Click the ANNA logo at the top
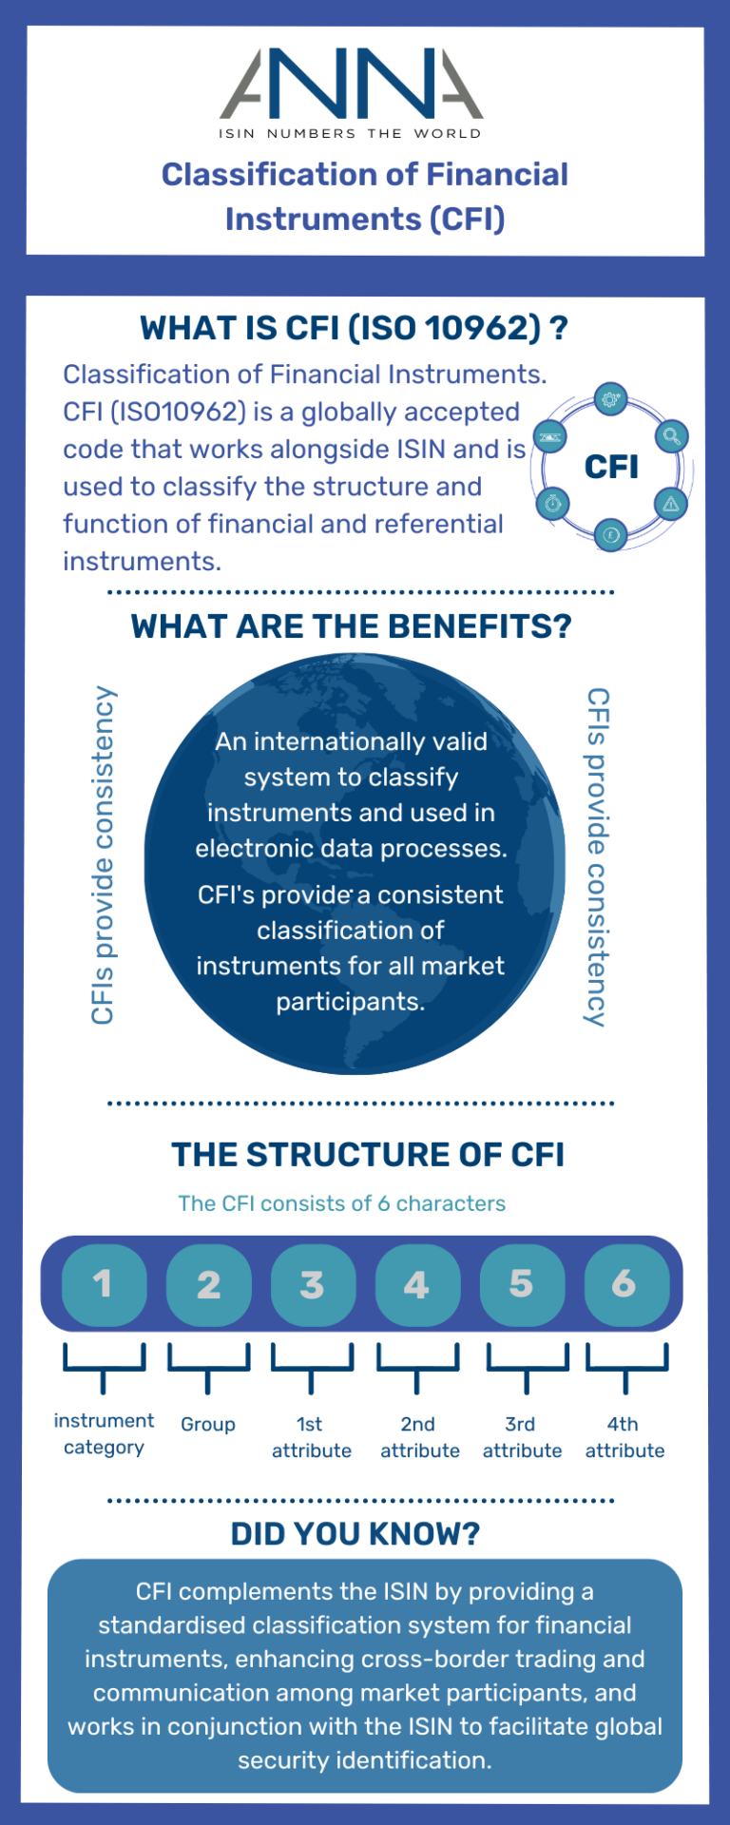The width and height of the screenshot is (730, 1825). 351,85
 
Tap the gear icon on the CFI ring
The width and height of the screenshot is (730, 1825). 610,399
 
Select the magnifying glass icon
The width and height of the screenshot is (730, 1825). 671,436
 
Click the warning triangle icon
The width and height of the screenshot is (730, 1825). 671,503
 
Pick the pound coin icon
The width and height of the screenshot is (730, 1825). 610,534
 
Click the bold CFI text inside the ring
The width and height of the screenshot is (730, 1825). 611,467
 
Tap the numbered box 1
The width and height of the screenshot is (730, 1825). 104,1285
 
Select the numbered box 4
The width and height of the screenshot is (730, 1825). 417,1285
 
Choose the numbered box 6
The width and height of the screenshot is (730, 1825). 625,1285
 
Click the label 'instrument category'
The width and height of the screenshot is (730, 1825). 104,1433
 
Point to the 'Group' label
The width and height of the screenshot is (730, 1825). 208,1424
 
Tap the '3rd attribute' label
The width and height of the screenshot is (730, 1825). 522,1437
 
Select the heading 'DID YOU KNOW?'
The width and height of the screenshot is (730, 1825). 355,1534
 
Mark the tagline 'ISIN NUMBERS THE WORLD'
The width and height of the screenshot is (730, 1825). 350,134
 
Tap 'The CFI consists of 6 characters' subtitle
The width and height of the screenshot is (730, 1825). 341,1203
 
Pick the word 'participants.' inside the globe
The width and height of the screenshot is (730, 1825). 350,1002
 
